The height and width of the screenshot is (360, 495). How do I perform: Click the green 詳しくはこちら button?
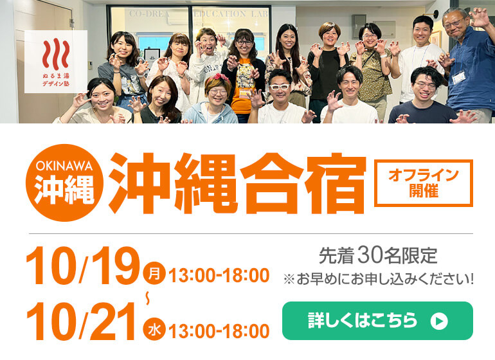[377, 321]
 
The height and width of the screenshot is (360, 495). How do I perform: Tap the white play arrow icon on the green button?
[439, 321]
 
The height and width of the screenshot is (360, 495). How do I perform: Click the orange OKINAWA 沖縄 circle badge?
[65, 183]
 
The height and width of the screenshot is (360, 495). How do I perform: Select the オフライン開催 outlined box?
[424, 183]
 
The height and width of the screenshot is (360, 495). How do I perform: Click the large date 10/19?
[83, 265]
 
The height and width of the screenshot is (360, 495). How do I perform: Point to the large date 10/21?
[81, 321]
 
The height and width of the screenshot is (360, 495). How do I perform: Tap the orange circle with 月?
[154, 273]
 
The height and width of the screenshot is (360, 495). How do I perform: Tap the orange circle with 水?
[154, 329]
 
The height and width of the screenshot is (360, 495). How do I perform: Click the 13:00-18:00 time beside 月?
[219, 275]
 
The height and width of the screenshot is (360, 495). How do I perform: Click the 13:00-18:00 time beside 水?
[219, 331]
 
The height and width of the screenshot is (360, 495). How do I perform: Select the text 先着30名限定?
[378, 255]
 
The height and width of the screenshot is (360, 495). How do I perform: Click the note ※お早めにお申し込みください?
[379, 279]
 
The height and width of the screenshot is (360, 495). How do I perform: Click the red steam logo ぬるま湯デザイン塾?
[56, 62]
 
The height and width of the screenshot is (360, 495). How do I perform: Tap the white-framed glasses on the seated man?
[280, 87]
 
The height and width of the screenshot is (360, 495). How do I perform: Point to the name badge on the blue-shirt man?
[459, 77]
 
